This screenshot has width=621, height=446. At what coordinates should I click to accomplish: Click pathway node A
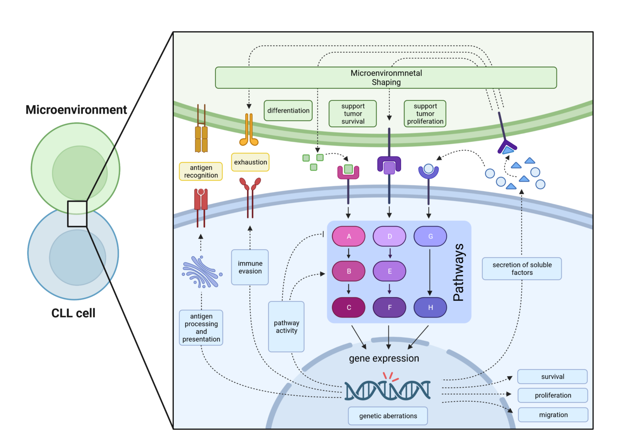(x=349, y=236)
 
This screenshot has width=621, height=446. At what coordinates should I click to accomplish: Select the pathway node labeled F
(x=389, y=307)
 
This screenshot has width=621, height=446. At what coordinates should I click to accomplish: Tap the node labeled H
(x=430, y=307)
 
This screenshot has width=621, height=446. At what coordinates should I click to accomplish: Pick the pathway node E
(x=389, y=271)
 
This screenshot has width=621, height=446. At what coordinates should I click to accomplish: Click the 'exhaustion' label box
(x=250, y=162)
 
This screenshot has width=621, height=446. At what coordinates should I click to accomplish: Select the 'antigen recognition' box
(x=201, y=171)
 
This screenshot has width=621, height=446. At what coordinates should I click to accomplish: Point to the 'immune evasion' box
(x=250, y=267)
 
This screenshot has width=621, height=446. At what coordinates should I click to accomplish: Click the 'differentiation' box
(x=288, y=111)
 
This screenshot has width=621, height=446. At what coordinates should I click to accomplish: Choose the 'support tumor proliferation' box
(x=425, y=114)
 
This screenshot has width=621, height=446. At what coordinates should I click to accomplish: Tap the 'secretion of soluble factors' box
(x=522, y=268)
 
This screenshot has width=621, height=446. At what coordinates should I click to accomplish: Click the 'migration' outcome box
(x=553, y=415)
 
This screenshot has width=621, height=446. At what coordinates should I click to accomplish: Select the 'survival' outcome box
(x=552, y=377)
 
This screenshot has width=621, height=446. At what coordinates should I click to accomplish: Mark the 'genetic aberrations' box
(x=388, y=416)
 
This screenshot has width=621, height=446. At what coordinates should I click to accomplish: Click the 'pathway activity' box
(x=286, y=327)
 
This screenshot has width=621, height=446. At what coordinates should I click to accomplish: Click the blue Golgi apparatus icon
(x=202, y=272)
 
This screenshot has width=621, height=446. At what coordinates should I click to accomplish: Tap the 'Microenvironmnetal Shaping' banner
(x=386, y=78)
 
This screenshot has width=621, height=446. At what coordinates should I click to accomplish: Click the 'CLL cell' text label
(x=73, y=313)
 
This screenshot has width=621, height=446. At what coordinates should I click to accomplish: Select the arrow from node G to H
(x=430, y=271)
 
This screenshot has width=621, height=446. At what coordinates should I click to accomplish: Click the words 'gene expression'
(x=384, y=358)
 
